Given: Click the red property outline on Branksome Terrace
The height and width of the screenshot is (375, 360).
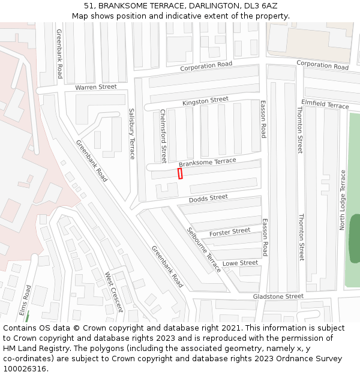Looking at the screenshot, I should (180, 173).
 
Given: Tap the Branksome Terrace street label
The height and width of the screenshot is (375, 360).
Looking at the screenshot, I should (208, 163).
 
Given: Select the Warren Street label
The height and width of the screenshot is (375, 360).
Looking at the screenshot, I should (96, 87).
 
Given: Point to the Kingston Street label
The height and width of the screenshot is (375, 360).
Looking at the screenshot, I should (205, 100).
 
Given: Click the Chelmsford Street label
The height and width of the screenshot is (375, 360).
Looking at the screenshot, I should (163, 131).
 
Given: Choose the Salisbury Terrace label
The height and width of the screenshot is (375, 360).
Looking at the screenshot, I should (133, 133).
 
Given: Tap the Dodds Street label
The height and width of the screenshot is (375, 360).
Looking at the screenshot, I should (208, 198).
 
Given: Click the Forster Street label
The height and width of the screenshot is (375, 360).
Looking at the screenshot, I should (230, 232).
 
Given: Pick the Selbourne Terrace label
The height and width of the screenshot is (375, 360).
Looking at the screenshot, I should (203, 250).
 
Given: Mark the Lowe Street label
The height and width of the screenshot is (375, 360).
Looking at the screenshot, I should (240, 263).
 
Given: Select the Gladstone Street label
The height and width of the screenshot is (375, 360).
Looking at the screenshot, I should (278, 296).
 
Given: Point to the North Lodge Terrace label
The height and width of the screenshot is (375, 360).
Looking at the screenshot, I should (343, 200).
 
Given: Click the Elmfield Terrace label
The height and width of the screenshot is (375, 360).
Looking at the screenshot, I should (325, 104).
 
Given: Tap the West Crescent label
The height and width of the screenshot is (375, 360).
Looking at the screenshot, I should (113, 292).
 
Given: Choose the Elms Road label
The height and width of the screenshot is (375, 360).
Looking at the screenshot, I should (25, 300).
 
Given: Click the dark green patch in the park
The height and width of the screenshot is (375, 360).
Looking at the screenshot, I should (354, 238).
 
